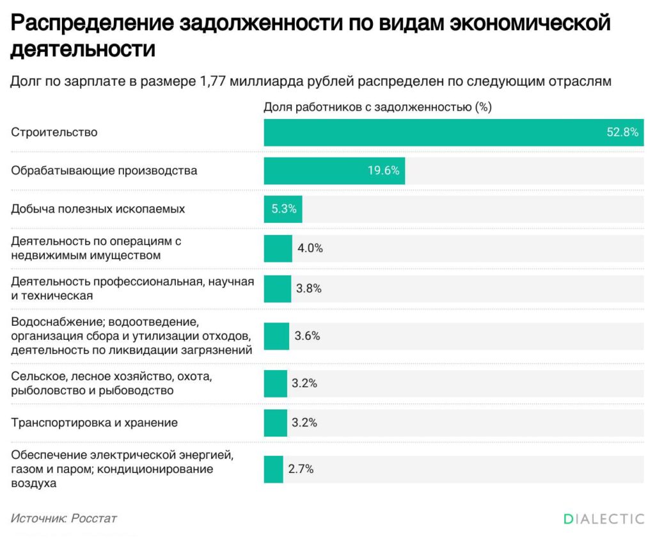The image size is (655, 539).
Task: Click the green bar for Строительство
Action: (x=435, y=133)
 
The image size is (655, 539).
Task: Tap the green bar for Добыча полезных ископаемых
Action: (x=283, y=209)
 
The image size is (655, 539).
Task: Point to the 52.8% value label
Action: (x=622, y=133)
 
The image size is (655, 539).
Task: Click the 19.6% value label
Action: (x=383, y=171)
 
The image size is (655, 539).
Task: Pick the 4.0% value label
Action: (x=310, y=248)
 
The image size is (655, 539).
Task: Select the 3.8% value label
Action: (x=308, y=289)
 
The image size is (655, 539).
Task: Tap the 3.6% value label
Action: (x=307, y=336)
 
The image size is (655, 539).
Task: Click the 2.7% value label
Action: (x=301, y=469)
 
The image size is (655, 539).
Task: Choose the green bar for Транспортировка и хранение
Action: (x=276, y=423)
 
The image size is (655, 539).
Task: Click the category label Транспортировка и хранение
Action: (x=95, y=423)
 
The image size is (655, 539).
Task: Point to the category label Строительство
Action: (x=54, y=133)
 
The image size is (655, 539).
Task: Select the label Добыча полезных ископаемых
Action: (x=98, y=209)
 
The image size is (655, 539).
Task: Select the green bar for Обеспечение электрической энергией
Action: (x=273, y=469)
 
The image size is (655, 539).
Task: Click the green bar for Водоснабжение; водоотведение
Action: (x=276, y=336)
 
